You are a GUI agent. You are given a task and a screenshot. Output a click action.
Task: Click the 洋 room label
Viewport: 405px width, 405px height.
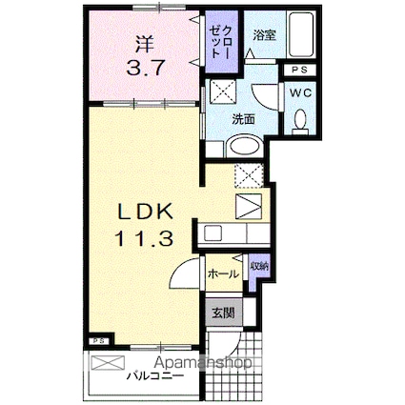pyautogui.click(x=143, y=44)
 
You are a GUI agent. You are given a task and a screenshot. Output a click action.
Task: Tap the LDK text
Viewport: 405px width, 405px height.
pyautogui.click(x=143, y=212)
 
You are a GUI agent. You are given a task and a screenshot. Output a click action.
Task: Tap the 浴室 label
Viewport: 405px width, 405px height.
pyautogui.click(x=264, y=35)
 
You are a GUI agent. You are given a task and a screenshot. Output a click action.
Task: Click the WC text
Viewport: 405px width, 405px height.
pyautogui.click(x=298, y=93)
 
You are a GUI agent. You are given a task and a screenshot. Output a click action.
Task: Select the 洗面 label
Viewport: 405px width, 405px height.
pyautogui.click(x=244, y=119)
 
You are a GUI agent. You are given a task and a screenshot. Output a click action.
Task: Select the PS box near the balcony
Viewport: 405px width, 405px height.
pyautogui.click(x=98, y=339)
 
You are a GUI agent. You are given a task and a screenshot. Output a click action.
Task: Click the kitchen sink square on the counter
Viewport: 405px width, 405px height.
pyautogui.click(x=214, y=233)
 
